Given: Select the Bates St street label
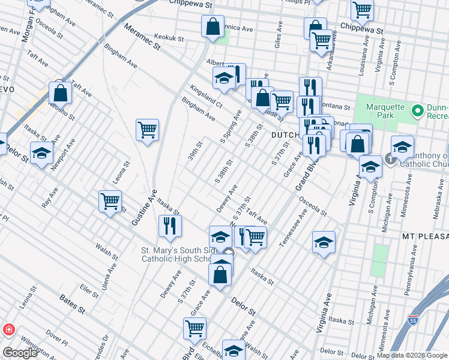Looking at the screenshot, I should point(71,304).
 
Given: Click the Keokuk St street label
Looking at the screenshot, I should point(168,38).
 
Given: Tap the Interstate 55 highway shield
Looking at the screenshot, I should point(412,320).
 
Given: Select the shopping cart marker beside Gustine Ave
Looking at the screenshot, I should point(147,130).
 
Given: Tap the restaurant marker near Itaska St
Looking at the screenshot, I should point(170,226).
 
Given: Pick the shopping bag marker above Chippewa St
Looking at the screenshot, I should point(212,26).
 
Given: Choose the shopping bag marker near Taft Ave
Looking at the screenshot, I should point(61,92).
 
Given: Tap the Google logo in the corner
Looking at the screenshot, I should point(20,352).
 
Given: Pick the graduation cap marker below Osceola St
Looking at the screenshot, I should point(324,242).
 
